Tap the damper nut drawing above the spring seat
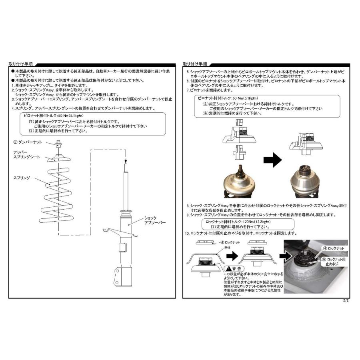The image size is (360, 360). point(58,142)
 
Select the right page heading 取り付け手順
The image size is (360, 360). point(195,64)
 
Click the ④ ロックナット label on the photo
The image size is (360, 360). point(335,248)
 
